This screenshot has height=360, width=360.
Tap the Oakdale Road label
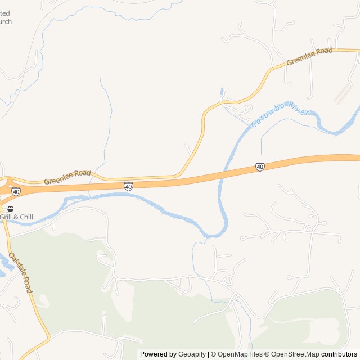click(20, 272)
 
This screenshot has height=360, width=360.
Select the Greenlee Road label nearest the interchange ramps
click(67, 177)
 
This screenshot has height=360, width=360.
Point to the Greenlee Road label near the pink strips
click(309, 56)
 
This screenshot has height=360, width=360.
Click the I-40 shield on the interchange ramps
click(16, 192)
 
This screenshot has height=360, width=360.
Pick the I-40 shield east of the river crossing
click(260, 167)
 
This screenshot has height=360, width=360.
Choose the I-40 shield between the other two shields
click(129, 186)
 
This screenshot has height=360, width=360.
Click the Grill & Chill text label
click(16, 217)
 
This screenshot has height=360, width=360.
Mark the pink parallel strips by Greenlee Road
click(343, 94)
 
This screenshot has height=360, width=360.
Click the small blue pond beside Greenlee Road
click(222, 91)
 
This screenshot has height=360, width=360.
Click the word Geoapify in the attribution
click(192, 354)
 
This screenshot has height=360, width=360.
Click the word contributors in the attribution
click(339, 354)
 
